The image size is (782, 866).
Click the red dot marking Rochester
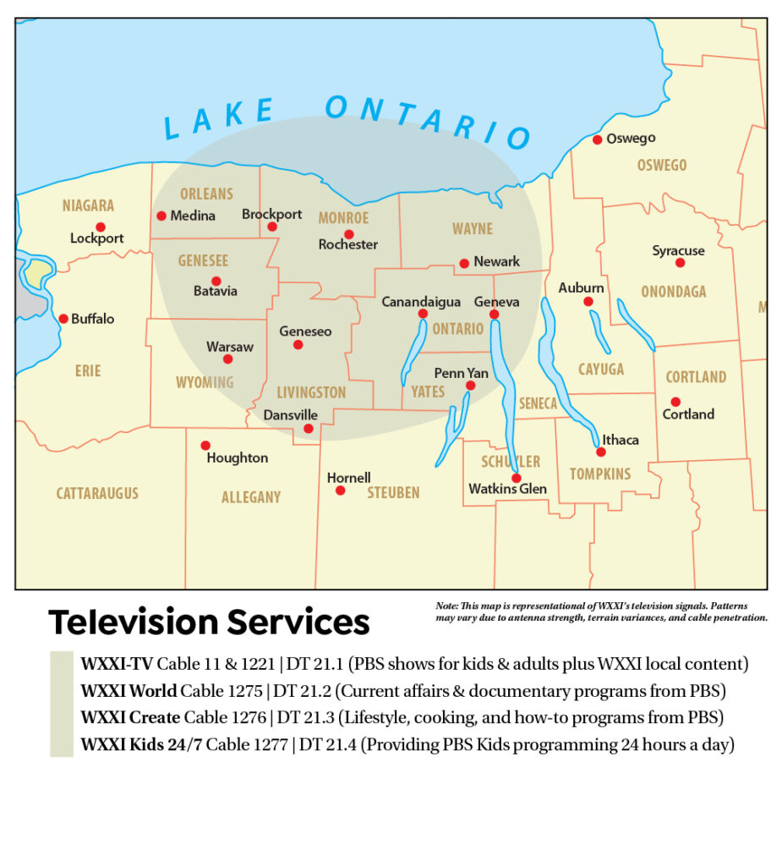tap(348, 234)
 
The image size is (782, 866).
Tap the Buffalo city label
tap(92, 319)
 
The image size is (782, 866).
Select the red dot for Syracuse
tap(680, 263)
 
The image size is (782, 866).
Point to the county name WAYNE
tap(472, 229)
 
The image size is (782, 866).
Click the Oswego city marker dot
tap(597, 140)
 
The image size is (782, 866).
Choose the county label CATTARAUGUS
tap(97, 493)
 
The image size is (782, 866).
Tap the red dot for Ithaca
tap(601, 452)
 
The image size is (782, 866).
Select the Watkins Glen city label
tap(507, 489)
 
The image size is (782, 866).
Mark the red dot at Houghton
tap(205, 446)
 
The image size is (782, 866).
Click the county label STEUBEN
tap(393, 492)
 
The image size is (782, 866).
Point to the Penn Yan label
tap(461, 373)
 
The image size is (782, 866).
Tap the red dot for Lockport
tap(101, 227)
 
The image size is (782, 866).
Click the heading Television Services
tap(209, 622)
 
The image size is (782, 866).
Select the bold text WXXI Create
tap(130, 717)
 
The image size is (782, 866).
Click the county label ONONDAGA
tap(673, 292)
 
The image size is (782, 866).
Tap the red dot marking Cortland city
tap(675, 402)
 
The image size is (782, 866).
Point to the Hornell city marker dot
tap(340, 491)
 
